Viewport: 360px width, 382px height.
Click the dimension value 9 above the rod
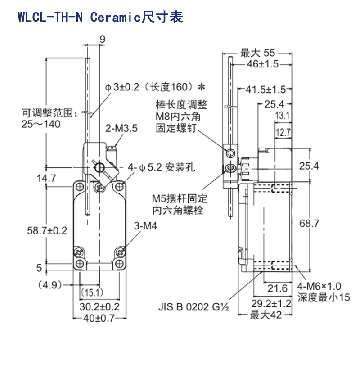(x=102, y=40)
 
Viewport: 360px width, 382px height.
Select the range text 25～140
(x=40, y=124)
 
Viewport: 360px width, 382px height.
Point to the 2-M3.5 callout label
(x=121, y=129)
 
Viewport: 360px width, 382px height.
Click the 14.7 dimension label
(x=46, y=178)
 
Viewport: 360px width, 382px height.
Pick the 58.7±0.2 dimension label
(x=47, y=230)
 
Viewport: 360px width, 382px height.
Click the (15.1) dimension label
(x=92, y=292)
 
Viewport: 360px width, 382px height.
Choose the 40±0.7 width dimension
(x=95, y=318)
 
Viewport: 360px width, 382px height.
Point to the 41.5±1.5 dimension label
(x=265, y=89)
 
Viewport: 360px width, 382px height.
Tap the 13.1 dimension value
(x=282, y=116)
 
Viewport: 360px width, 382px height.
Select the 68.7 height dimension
(x=309, y=223)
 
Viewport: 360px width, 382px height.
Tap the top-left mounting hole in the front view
(x=80, y=186)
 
